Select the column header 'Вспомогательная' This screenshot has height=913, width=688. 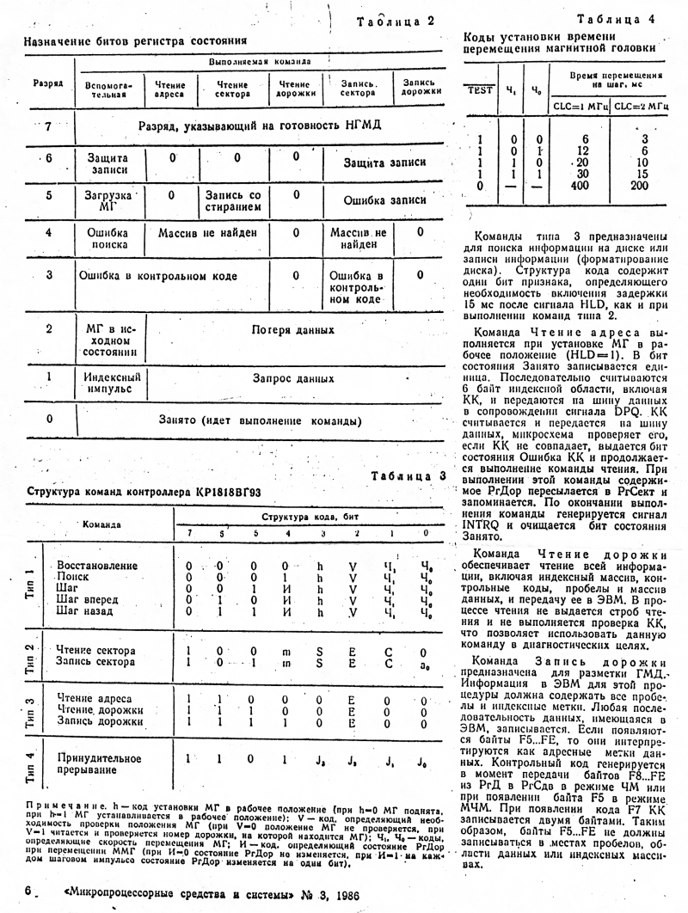(x=107, y=89)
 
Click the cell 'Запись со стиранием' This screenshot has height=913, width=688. (x=232, y=200)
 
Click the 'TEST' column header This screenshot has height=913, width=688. (x=478, y=89)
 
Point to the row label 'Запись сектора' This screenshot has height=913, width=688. (x=95, y=663)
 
